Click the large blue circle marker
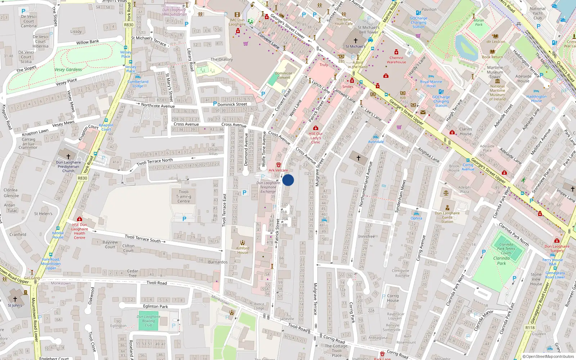[x=288, y=180]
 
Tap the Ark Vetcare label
[x=278, y=170]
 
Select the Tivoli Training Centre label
[x=184, y=197]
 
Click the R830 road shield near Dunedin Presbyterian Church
[x=82, y=178]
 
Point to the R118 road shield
[x=530, y=328]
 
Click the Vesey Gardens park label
[x=68, y=69]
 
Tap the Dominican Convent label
[x=284, y=75]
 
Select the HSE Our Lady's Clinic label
[x=316, y=138]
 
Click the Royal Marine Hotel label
[x=431, y=84]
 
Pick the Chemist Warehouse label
[x=396, y=60]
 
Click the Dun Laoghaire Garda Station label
[x=447, y=217]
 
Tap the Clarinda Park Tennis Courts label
[x=506, y=248]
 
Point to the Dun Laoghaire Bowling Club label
[x=148, y=321]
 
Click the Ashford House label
[x=243, y=250]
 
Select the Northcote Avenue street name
[x=158, y=105]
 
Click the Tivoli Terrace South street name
[x=143, y=238]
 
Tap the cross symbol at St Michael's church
[x=356, y=41]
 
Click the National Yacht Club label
[x=537, y=13]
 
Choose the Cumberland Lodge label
[x=138, y=84]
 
